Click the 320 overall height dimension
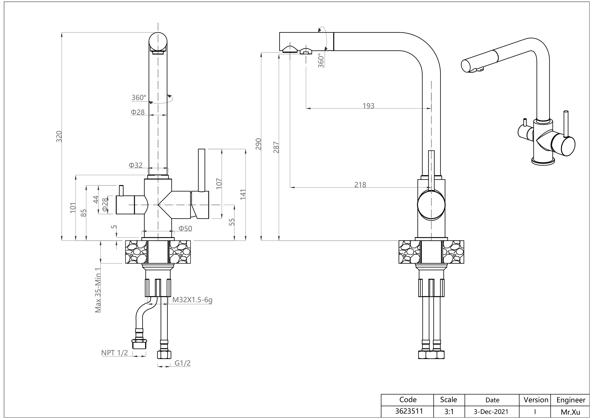(59, 136)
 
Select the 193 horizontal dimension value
(368, 106)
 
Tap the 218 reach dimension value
(360, 185)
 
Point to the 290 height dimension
(258, 144)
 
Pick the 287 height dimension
(276, 147)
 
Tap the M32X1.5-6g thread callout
(192, 300)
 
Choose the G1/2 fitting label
(183, 363)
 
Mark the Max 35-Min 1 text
(98, 290)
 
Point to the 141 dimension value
(243, 194)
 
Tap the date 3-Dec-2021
(492, 411)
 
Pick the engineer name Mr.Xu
(570, 411)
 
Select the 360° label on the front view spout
(139, 98)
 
